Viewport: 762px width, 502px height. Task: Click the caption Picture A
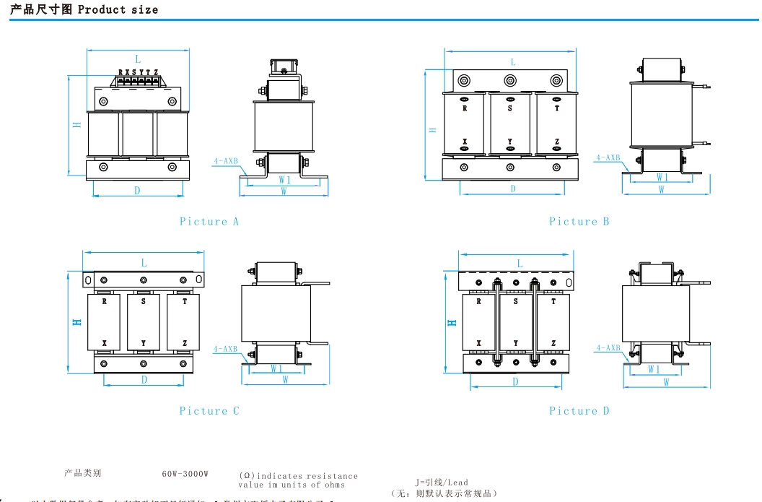tap(209, 222)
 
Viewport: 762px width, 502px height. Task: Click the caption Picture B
tap(579, 222)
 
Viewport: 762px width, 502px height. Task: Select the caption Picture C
tap(209, 411)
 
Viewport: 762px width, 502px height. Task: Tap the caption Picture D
tap(579, 411)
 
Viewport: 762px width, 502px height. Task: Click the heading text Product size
tap(118, 10)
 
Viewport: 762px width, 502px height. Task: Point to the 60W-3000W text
tap(185, 474)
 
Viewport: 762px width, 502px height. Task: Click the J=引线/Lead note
tap(442, 482)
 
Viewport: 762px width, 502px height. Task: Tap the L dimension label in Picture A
tap(138, 59)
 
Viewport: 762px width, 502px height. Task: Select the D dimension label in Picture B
tap(513, 189)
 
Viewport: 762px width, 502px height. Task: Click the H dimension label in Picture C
tap(76, 321)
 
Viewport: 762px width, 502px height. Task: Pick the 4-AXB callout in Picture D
tap(608, 348)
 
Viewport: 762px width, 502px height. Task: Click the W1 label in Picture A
tap(284, 179)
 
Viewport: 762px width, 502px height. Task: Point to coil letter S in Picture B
tap(510, 108)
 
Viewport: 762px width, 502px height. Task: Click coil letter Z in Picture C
tap(185, 343)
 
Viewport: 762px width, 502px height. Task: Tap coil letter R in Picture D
tap(478, 302)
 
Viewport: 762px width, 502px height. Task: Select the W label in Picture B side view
tap(662, 190)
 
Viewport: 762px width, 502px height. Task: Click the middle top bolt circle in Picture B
tap(510, 80)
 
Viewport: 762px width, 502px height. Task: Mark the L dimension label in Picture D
tap(520, 264)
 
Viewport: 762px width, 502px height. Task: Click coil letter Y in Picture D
tap(515, 343)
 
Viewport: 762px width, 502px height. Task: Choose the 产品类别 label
tap(82, 473)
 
